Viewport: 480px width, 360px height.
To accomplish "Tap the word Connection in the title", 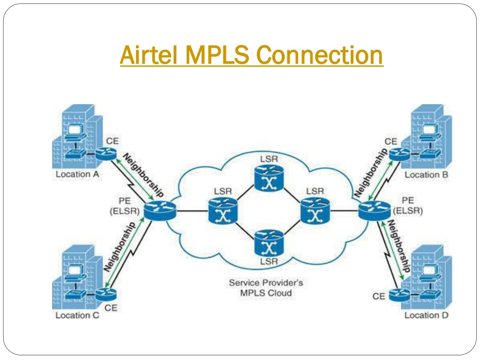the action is click(319, 55).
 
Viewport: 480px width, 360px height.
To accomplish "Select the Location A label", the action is click(77, 174).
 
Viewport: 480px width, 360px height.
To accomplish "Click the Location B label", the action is click(426, 175).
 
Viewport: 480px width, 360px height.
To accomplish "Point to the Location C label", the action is click(77, 315).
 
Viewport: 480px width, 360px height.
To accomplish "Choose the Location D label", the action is click(426, 315).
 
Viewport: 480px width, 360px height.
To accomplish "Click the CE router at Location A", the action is click(106, 154).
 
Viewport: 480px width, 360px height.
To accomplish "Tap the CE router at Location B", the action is click(399, 154).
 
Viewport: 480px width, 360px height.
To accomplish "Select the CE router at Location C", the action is click(106, 294).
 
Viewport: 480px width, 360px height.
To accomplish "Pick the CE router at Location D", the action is click(399, 295).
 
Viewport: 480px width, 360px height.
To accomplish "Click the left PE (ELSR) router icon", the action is click(160, 210).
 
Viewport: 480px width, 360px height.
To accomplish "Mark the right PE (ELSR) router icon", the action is click(375, 210).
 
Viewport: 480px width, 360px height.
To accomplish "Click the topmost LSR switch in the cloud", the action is click(269, 178).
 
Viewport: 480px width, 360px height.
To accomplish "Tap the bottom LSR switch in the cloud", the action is click(269, 243).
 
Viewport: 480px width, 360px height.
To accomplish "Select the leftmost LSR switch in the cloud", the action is click(223, 210).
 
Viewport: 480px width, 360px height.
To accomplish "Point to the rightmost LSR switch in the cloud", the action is click(315, 210).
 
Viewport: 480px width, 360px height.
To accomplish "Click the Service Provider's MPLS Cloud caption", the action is click(266, 288).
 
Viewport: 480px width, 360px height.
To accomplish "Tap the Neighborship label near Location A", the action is click(143, 175).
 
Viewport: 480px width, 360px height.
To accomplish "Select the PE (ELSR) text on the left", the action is click(125, 206).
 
